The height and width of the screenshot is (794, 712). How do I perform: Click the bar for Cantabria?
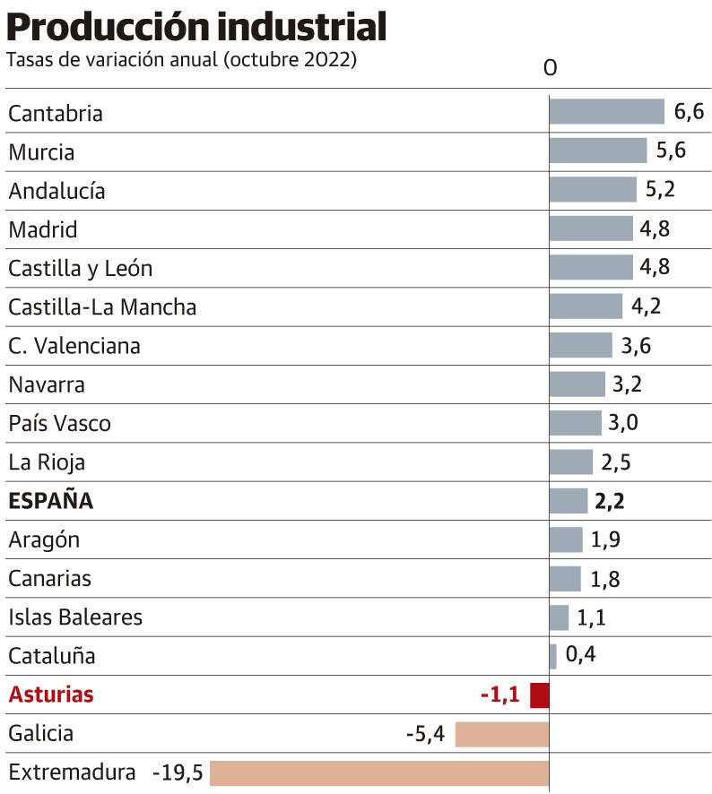[606, 112]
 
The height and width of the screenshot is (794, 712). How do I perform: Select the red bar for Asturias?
[540, 695]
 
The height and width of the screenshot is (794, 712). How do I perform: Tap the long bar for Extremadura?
[378, 772]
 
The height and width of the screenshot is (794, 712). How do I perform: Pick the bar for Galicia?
[502, 734]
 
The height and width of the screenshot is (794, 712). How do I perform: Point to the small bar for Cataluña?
[553, 656]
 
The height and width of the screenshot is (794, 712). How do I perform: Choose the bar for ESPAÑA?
[569, 501]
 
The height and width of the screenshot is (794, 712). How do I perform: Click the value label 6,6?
[689, 112]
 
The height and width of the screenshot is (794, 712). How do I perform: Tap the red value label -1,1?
[499, 695]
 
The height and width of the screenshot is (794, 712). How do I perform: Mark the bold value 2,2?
[610, 501]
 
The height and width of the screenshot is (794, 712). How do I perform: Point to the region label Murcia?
[41, 152]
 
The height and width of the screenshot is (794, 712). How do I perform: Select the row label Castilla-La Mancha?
[102, 307]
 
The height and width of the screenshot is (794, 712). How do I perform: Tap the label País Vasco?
[59, 423]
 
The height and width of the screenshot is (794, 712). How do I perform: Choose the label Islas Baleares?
[75, 617]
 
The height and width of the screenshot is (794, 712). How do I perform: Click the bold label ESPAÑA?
[50, 501]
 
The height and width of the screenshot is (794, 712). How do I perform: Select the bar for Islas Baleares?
[559, 617]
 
